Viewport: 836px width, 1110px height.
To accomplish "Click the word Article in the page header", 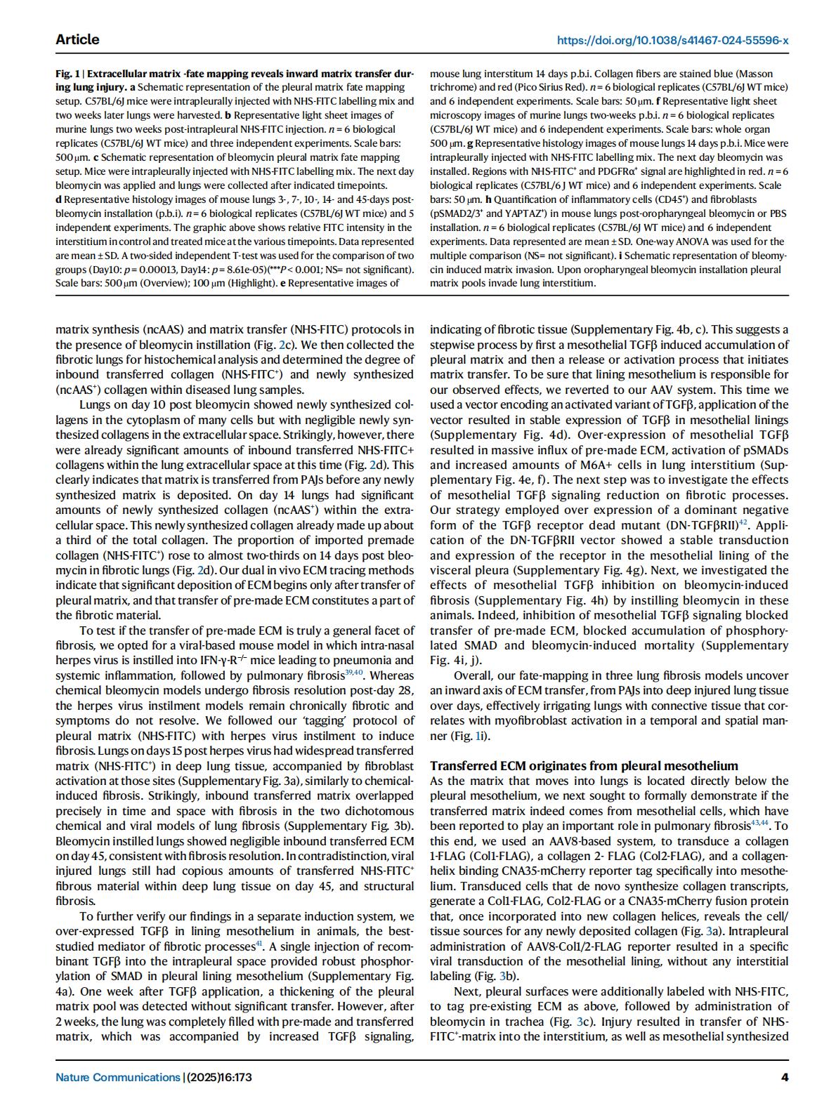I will pos(77,40).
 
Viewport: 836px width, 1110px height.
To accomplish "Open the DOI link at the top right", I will pos(672,41).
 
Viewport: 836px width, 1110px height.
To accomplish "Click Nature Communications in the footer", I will pos(118,1077).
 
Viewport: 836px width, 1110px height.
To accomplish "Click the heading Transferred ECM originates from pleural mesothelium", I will pos(584,766).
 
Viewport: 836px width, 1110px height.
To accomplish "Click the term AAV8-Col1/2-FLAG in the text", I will pos(561,946).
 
